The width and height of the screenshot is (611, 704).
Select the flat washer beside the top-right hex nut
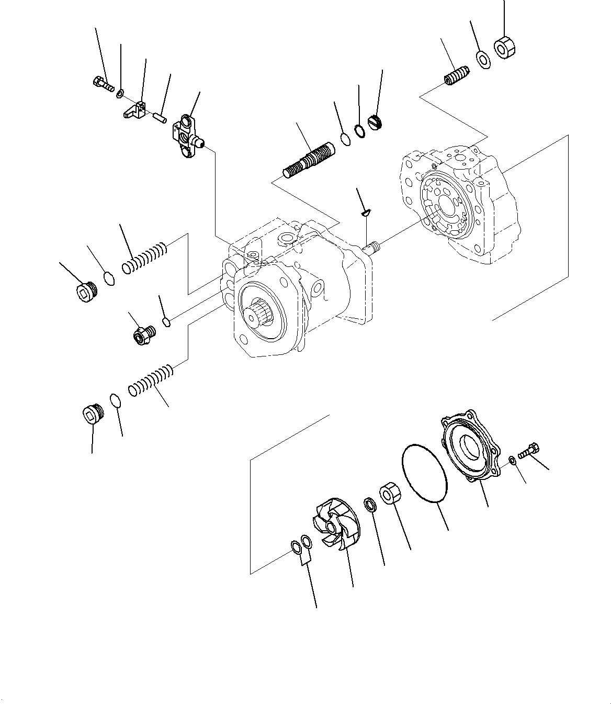[483, 59]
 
